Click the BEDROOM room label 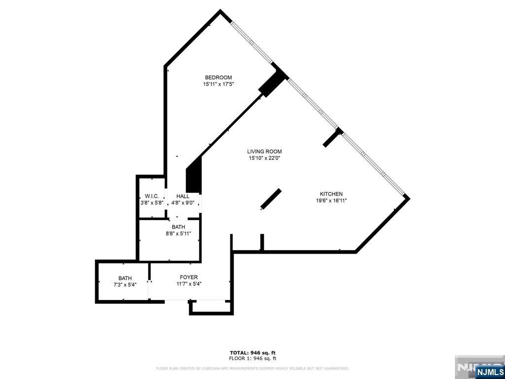pos(218,77)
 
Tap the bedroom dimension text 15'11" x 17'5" pos(218,84)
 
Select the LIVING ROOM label pos(265,152)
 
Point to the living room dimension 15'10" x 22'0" pos(265,158)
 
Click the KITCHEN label pos(331,194)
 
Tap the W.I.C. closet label pos(151,196)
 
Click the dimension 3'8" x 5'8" pos(151,203)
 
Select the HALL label pos(183,196)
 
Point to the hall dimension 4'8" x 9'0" pos(183,203)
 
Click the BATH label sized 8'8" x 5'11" pos(179,227)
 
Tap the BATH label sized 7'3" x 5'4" pos(125,278)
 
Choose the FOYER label pos(189,277)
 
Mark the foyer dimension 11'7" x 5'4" pos(189,284)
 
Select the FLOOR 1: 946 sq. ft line pos(252,358)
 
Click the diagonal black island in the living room pos(271,199)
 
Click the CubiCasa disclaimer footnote pos(252,368)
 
